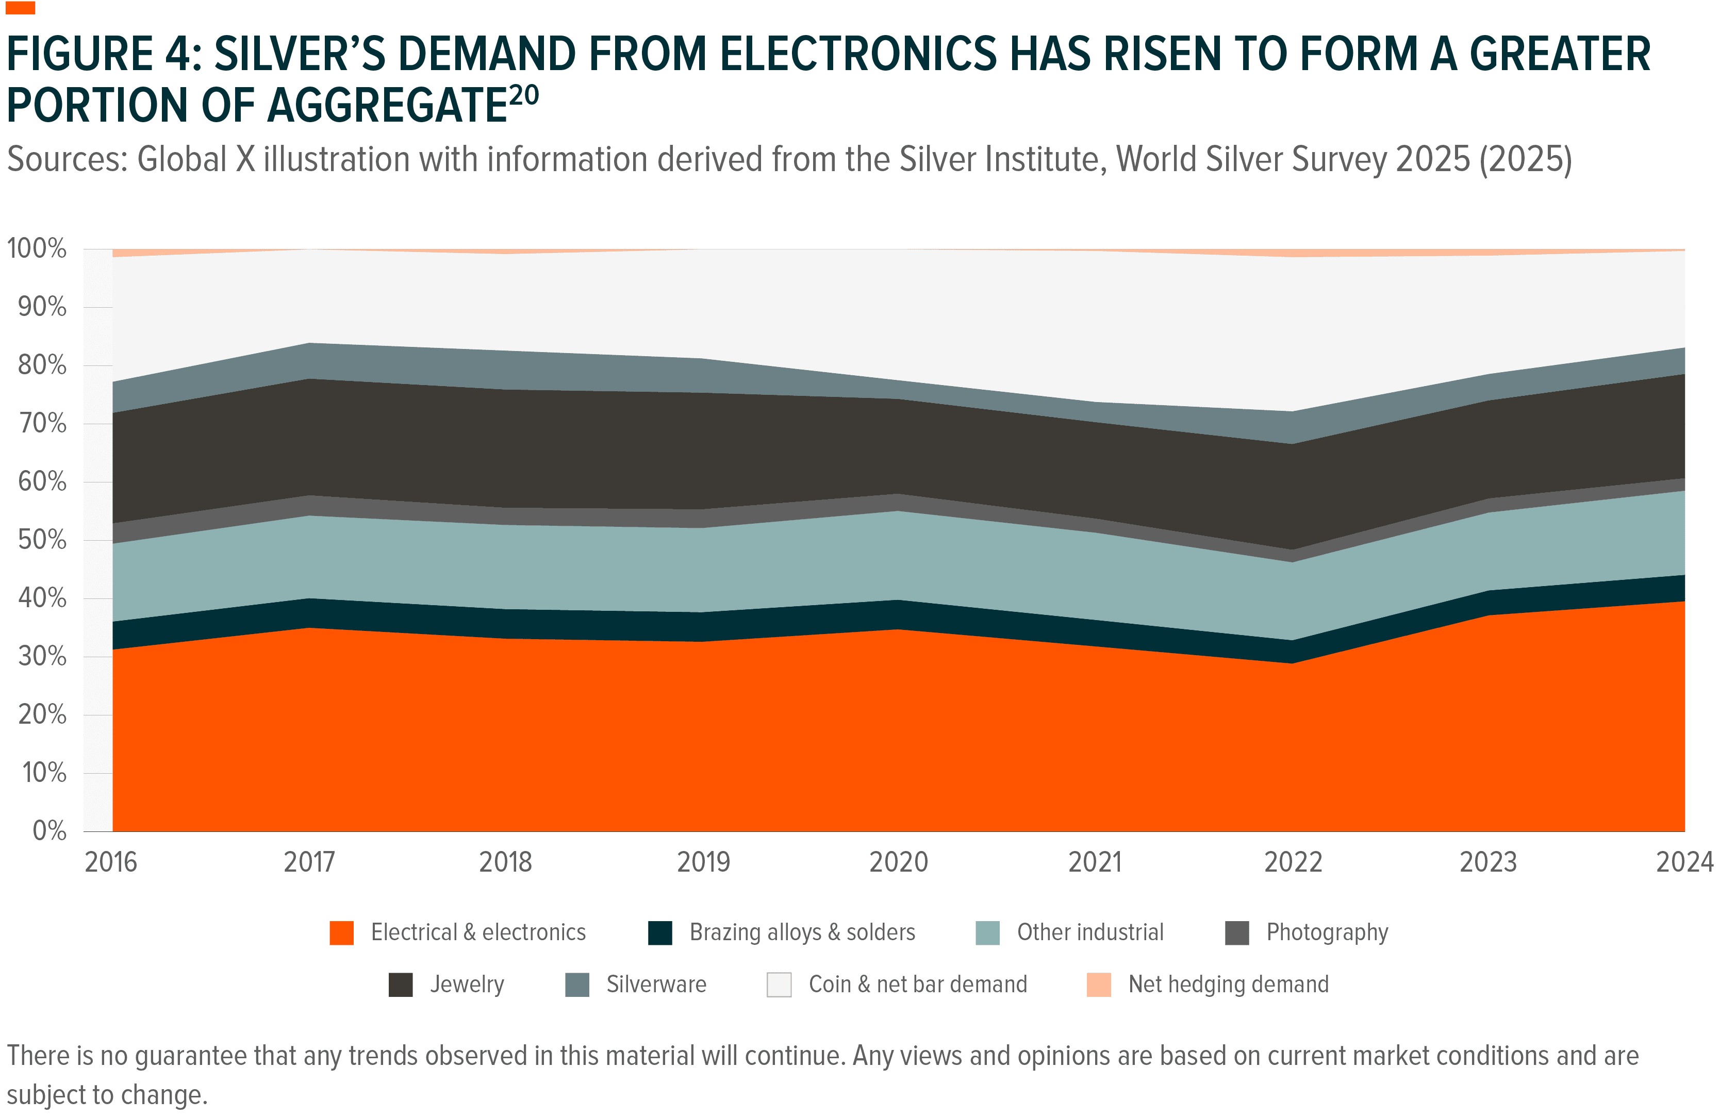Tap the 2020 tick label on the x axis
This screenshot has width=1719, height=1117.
(x=898, y=862)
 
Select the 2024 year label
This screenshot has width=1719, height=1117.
(x=1683, y=862)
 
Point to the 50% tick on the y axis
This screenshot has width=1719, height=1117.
(x=42, y=540)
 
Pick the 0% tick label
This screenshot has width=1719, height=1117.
(x=49, y=831)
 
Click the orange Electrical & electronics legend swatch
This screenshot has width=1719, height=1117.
(x=342, y=933)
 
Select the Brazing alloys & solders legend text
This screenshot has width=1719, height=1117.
(x=802, y=933)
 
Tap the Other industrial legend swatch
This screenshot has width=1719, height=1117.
(x=987, y=933)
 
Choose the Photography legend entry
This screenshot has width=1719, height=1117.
(x=1327, y=933)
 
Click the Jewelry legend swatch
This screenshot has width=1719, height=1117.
(x=400, y=985)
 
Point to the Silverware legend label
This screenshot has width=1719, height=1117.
(x=656, y=985)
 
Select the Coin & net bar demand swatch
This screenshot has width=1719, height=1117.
(x=779, y=985)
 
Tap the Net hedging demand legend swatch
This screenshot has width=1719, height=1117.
(x=1099, y=985)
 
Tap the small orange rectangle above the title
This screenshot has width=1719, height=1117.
(x=20, y=8)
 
